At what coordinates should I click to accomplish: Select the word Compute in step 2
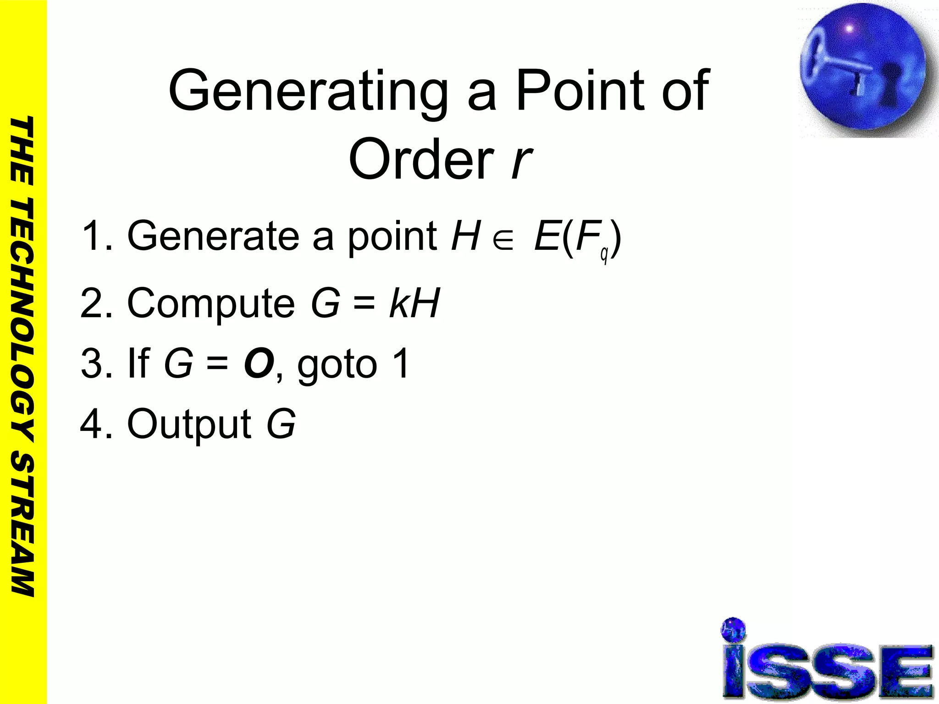(211, 303)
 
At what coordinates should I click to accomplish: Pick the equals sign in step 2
(364, 303)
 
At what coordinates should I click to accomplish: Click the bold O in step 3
(259, 364)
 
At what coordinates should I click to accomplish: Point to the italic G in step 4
(281, 423)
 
